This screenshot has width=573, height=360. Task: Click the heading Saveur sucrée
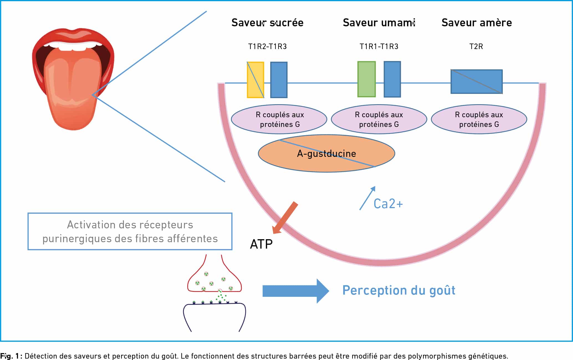coord(267,22)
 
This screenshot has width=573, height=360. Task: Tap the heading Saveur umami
coord(379,22)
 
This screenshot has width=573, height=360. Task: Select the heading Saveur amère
coord(477,22)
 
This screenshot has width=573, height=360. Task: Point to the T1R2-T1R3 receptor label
coord(267,46)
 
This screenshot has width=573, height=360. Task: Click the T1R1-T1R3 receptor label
coord(379,46)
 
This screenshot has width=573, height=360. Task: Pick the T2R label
coord(476,46)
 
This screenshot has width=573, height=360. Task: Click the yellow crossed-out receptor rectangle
coord(255,80)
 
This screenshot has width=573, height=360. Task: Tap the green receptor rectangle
coord(366,79)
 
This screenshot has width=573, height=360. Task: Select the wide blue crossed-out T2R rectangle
coord(477,81)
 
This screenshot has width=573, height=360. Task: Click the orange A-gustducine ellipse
coord(326,154)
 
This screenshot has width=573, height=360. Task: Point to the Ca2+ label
coord(388,204)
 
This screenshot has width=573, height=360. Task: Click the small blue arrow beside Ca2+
coord(367,198)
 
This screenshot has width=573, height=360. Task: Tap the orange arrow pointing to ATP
coord(285,218)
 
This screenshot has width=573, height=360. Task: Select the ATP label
coord(261,244)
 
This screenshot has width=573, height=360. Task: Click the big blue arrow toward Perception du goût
coord(296,291)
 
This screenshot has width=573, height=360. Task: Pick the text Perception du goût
coord(399,290)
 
